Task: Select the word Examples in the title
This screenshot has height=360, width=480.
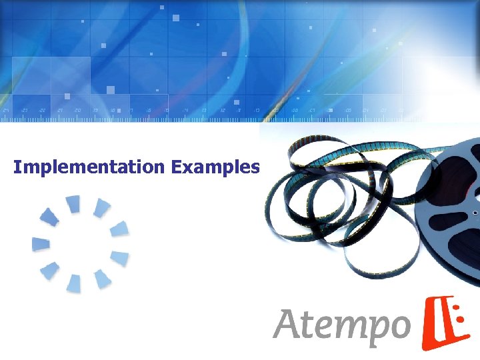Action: [215, 167]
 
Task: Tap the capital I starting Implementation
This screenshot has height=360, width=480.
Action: [17, 167]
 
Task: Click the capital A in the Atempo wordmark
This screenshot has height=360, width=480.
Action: [287, 325]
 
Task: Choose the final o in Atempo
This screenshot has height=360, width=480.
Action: [398, 326]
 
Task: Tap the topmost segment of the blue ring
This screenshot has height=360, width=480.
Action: [73, 203]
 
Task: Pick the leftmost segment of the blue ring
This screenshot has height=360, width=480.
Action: [41, 244]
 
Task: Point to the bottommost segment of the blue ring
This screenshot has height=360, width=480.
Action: [73, 284]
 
